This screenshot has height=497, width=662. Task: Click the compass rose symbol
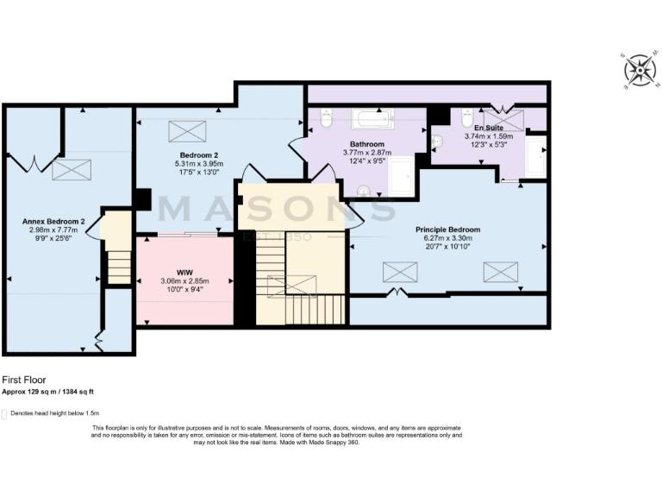[x=640, y=69]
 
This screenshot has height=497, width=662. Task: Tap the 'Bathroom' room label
[x=366, y=144]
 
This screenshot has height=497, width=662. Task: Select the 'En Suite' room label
[x=489, y=127]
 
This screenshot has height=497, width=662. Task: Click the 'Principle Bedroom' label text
[x=447, y=230]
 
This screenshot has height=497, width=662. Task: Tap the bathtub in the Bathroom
[x=372, y=118]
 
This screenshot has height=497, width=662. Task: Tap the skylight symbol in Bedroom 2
[x=187, y=132]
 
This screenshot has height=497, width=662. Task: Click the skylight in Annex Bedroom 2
[x=71, y=170]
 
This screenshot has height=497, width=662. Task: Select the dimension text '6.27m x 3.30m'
[x=447, y=239]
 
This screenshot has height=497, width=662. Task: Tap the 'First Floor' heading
[x=23, y=379]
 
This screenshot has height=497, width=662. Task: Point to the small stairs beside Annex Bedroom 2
[x=118, y=266]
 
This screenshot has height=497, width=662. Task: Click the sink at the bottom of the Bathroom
[x=363, y=192]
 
